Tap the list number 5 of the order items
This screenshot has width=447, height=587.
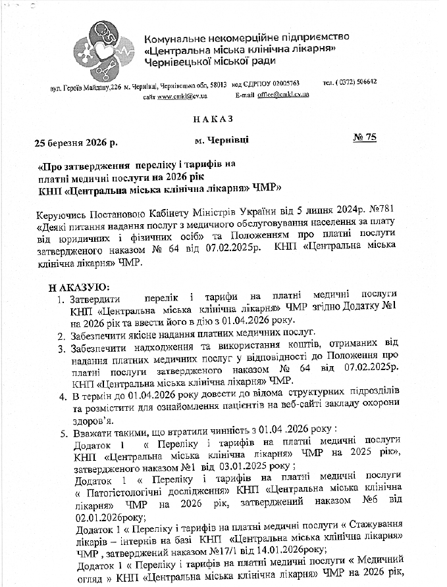click(62, 434)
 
